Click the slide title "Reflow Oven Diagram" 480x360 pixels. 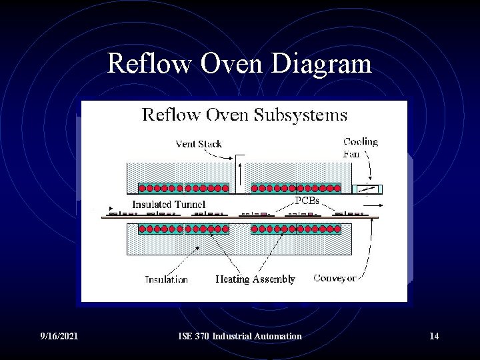click(239, 64)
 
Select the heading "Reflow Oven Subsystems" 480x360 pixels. click(245, 115)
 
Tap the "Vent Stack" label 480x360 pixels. click(199, 143)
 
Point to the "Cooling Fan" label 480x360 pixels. click(360, 147)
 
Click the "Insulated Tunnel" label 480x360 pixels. click(169, 205)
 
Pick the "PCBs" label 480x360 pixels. click(307, 199)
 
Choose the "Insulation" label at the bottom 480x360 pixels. click(167, 279)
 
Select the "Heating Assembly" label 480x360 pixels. click(255, 279)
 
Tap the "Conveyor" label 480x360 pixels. click(335, 278)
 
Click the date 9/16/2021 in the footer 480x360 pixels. click(59, 336)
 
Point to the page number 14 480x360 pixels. click(434, 336)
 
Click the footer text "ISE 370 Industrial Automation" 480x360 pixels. click(240, 336)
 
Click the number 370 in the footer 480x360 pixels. click(202, 336)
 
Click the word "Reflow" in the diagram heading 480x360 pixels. click(171, 115)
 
